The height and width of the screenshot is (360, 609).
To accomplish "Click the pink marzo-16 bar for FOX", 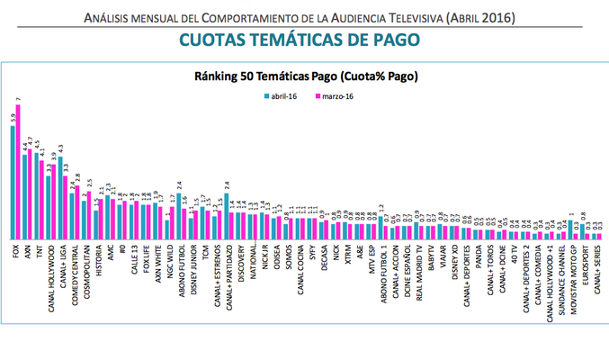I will tap(18, 171).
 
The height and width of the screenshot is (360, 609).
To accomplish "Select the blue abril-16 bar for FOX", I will tap(13, 181).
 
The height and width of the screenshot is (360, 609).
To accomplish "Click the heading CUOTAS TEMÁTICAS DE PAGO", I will tap(304, 40).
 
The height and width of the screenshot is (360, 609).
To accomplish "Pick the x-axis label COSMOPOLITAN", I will tap(85, 265).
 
